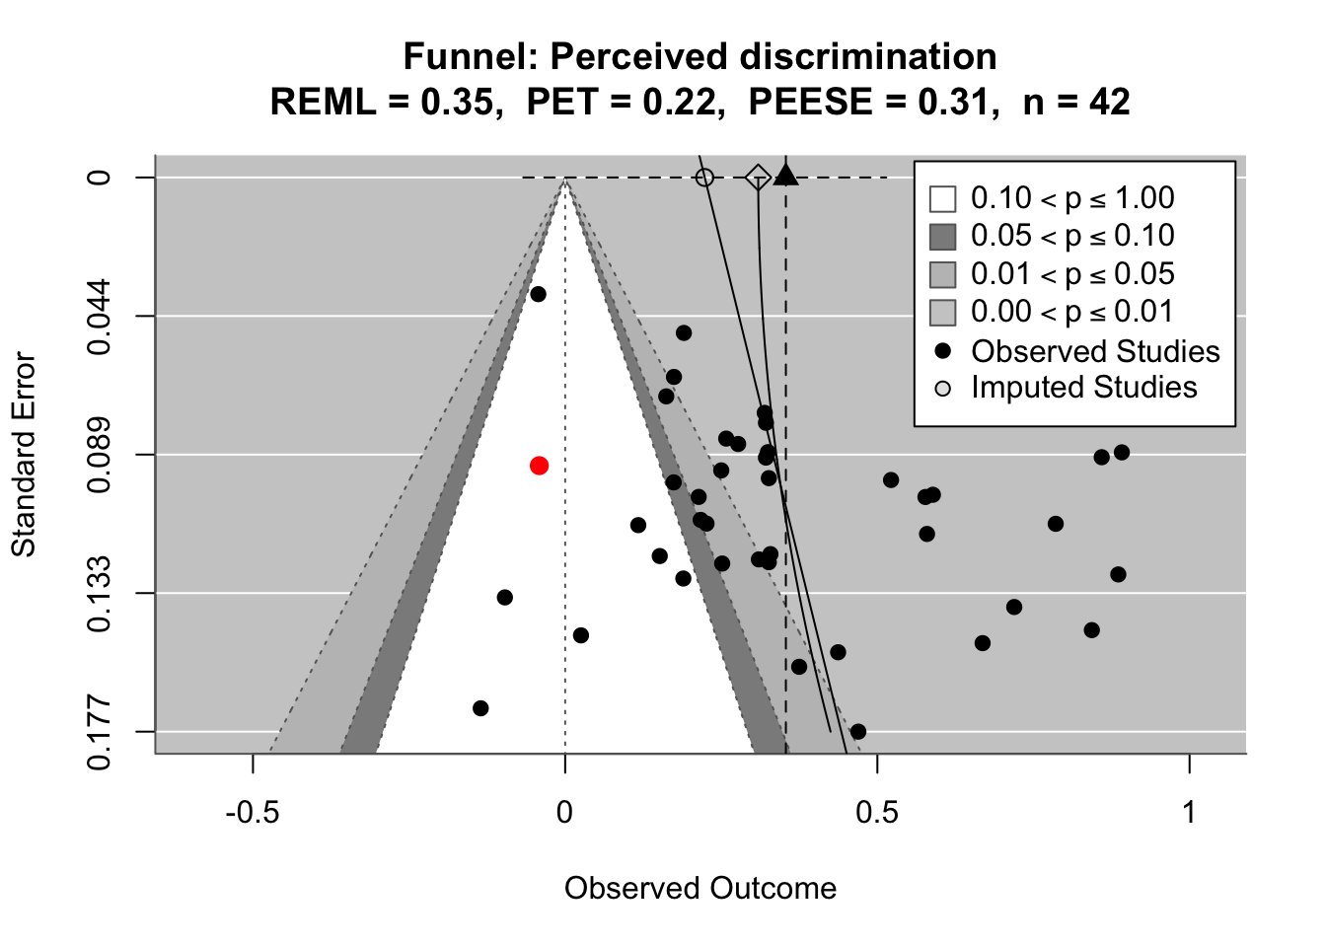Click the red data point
click(539, 466)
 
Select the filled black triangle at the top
click(785, 176)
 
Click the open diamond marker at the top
click(758, 178)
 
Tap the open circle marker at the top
click(704, 178)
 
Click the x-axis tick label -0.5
click(254, 813)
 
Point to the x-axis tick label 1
click(1190, 813)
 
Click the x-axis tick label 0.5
click(877, 813)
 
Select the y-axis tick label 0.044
click(100, 316)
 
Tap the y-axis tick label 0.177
click(100, 732)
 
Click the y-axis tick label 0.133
click(100, 593)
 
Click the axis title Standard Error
click(24, 455)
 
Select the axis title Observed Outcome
click(700, 889)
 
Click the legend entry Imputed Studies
click(1083, 388)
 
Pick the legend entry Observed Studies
click(1095, 351)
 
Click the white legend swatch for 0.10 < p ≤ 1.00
click(943, 199)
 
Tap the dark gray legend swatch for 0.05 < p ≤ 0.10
click(943, 237)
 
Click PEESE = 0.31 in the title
click(868, 102)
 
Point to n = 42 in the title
click(1076, 102)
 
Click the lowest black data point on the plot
click(858, 732)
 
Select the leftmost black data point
click(480, 708)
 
